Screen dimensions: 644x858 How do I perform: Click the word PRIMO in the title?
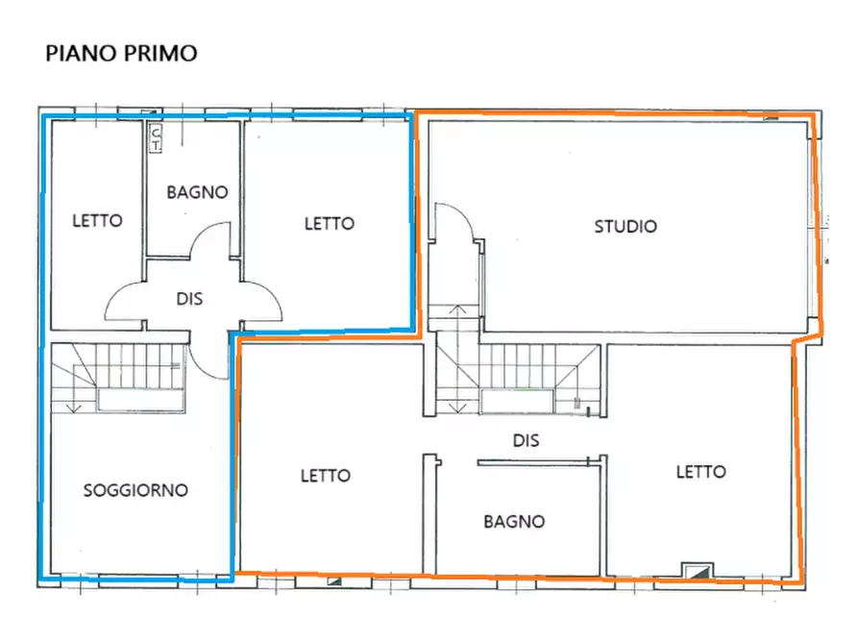click(x=160, y=53)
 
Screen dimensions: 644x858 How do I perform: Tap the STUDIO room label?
click(x=625, y=227)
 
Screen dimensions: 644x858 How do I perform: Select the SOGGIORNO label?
click(x=135, y=490)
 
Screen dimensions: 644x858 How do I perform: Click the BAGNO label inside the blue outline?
click(x=197, y=192)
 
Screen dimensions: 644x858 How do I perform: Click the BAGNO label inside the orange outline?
click(x=514, y=522)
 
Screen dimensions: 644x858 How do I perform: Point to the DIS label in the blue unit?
click(x=189, y=299)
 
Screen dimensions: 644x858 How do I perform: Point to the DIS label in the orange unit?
click(x=526, y=441)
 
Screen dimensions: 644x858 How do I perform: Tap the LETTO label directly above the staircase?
click(x=97, y=220)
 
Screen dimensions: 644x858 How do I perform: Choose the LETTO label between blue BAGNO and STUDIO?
click(x=329, y=223)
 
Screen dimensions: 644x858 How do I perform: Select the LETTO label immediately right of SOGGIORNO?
click(x=325, y=475)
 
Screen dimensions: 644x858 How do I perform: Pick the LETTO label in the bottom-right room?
click(x=700, y=472)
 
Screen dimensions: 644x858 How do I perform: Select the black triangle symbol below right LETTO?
click(x=700, y=572)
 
